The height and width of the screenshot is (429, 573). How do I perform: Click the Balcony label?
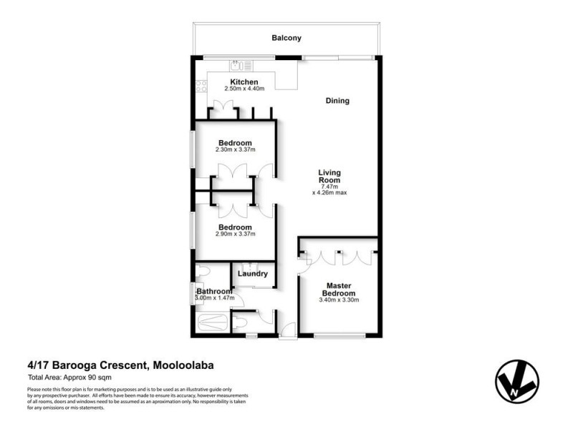[286, 38]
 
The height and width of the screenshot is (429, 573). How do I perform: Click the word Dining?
[337, 101]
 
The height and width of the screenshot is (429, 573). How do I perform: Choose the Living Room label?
[329, 177]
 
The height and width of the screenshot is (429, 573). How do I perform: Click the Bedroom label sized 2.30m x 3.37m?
[235, 143]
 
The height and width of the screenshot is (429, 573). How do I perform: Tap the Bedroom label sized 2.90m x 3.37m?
[235, 227]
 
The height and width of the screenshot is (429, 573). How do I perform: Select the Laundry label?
[254, 274]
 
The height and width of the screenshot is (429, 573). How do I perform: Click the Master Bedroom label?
[338, 290]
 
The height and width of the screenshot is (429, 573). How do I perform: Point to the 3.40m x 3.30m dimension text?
[338, 300]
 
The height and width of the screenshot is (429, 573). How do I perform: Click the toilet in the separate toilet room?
[242, 324]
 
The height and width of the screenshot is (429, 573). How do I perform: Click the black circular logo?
[516, 380]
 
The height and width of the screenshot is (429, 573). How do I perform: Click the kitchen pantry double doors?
[223, 111]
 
